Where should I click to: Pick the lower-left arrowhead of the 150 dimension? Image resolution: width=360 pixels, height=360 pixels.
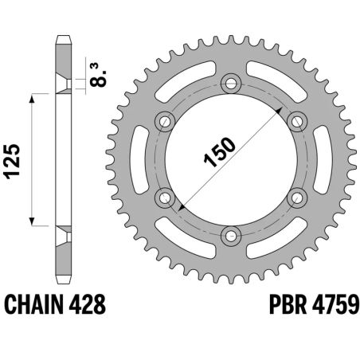tap(180, 209)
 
